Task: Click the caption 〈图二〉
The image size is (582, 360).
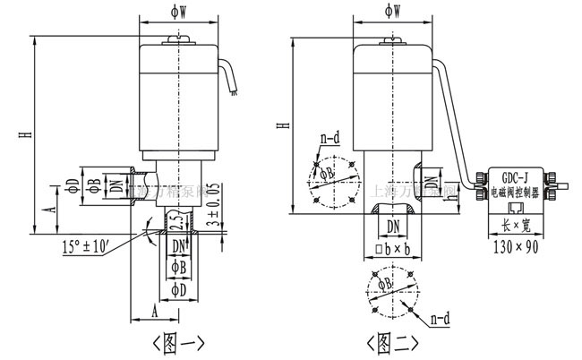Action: click(x=394, y=342)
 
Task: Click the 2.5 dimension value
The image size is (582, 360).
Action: click(x=176, y=221)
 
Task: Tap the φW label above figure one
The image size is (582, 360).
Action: click(x=179, y=11)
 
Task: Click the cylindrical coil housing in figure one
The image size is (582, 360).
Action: click(x=179, y=99)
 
